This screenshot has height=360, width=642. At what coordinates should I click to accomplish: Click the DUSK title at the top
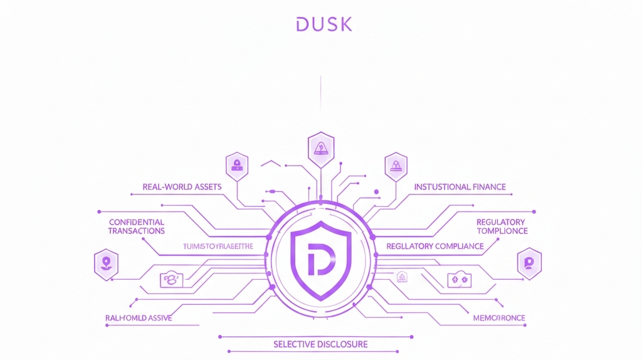click(x=324, y=24)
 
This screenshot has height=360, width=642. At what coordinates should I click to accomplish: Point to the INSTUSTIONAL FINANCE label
click(x=460, y=187)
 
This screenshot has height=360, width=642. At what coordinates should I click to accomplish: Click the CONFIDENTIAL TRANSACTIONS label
click(x=136, y=226)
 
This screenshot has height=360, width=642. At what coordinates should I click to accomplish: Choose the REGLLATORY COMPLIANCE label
click(x=435, y=246)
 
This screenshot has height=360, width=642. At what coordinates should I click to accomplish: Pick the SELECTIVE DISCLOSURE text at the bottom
click(x=320, y=344)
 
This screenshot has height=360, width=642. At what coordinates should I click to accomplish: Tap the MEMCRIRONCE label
click(x=498, y=318)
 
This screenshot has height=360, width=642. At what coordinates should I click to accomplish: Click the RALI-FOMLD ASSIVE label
click(x=139, y=318)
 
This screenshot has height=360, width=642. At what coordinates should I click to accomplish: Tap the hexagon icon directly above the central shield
click(x=320, y=149)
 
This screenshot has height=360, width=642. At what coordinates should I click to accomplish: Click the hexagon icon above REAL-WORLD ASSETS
click(x=237, y=166)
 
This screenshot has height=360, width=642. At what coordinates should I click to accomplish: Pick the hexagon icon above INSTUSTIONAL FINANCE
click(x=396, y=166)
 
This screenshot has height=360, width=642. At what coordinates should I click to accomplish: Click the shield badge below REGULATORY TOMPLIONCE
click(x=529, y=263)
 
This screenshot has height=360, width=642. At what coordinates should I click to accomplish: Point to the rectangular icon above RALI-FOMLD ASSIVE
click(x=171, y=279)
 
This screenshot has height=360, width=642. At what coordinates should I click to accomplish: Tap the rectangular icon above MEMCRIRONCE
click(x=458, y=279)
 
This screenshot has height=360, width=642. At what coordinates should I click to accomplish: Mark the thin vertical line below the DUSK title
click(x=320, y=94)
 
